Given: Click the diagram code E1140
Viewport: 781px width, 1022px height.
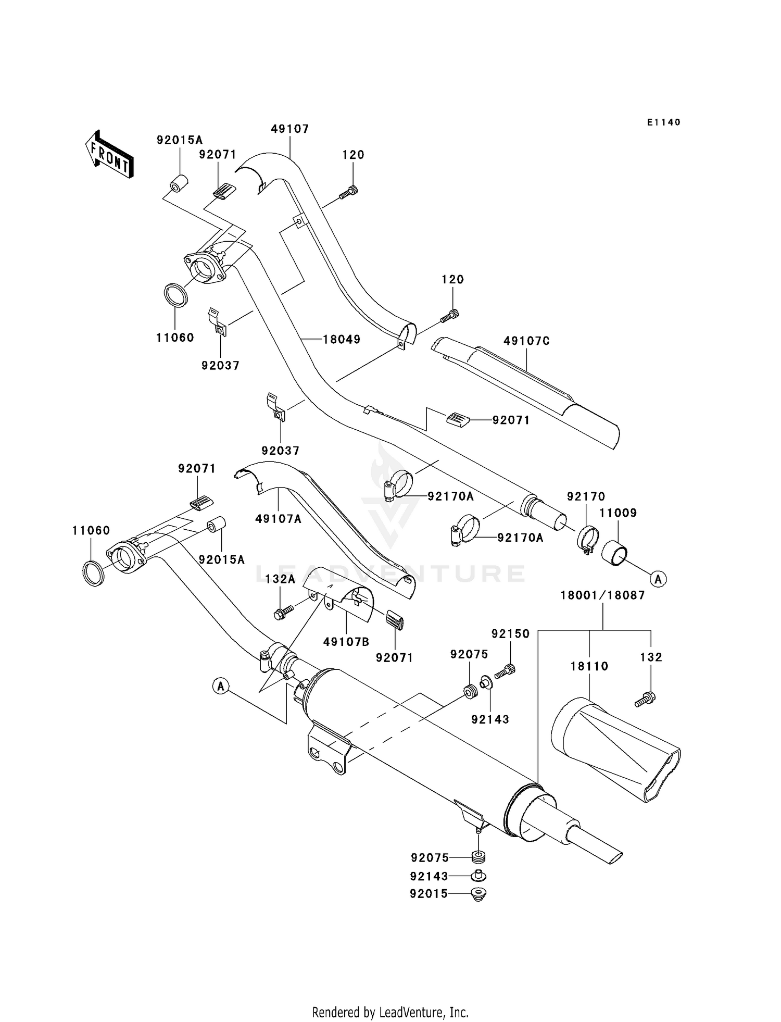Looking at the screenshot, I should coord(663,122).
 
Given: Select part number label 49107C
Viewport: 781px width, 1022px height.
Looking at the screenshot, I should coord(526,341).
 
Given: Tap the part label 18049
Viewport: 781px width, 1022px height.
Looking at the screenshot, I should coord(342,340).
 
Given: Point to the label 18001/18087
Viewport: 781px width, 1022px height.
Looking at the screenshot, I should coord(602,595).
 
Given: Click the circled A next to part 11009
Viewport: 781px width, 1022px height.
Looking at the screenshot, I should coord(659,579).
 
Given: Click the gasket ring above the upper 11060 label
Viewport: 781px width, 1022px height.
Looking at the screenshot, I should coord(176,295).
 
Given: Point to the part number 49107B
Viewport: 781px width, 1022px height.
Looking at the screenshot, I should coord(346,642).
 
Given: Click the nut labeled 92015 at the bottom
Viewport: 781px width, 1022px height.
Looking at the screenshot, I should coord(477,894).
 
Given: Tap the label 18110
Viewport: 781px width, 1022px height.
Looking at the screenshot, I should coord(589,666).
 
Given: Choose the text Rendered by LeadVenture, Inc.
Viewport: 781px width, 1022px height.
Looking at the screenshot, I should coord(390,1012).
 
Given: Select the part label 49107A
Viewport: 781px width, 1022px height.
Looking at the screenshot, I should coord(278,519).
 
